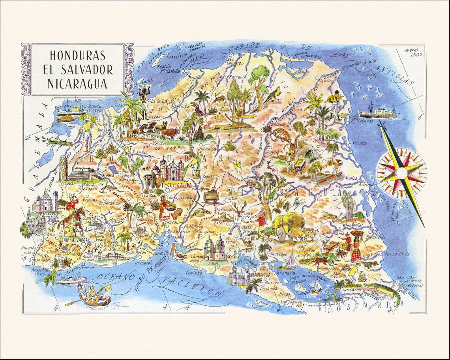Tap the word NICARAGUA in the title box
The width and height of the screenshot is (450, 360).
(x=77, y=84)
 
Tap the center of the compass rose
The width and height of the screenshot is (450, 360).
(x=401, y=173)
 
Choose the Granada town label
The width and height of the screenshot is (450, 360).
(x=286, y=273)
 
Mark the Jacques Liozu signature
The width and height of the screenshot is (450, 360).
(x=411, y=52)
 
